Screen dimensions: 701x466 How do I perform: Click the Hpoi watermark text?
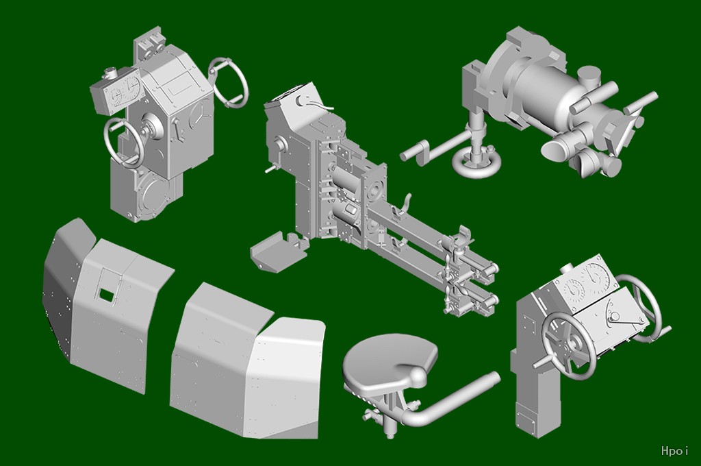coord(674,450)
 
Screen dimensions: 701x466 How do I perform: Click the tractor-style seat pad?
coord(388,359)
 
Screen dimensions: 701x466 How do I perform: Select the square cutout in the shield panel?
coord(106,295)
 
